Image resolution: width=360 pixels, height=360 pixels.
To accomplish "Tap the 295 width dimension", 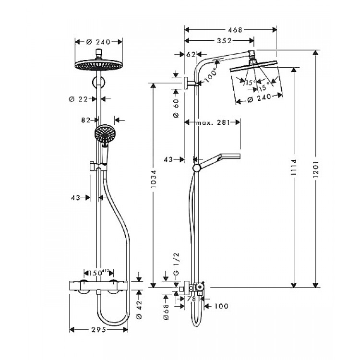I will click(98, 329).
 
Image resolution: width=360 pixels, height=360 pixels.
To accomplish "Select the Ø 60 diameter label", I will click(176, 108).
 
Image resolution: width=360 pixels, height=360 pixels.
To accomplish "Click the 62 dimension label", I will click(190, 55).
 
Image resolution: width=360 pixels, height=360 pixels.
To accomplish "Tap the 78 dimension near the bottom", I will click(191, 299).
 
